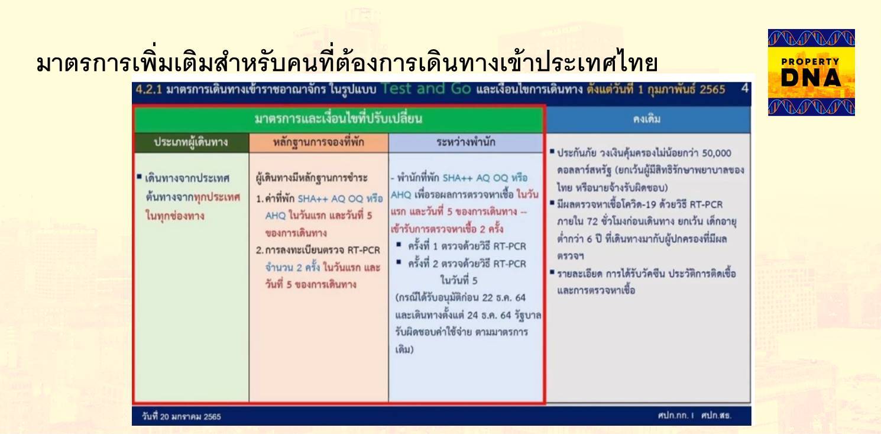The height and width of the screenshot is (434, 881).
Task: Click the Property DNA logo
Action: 811,72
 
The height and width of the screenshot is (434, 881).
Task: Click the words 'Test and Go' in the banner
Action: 426,89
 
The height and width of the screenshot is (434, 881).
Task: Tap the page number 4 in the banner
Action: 745,89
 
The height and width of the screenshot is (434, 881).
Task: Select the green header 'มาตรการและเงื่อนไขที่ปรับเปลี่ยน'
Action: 339,118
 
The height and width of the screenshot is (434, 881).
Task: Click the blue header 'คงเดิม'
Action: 647,119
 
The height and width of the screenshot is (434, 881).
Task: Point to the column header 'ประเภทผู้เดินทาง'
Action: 191,142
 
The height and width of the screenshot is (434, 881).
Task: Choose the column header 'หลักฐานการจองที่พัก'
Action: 319,142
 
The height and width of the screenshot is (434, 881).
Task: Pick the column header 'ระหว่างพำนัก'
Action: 466,142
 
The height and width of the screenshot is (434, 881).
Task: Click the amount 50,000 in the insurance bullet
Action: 717,153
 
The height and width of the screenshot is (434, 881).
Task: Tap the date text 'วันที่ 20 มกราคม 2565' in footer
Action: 182,417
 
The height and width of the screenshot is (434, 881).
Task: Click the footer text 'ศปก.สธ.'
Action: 716,416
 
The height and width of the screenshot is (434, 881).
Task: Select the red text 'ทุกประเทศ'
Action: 217,197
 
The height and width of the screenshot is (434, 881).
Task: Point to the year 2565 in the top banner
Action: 712,90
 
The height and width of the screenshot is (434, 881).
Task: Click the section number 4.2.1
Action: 148,90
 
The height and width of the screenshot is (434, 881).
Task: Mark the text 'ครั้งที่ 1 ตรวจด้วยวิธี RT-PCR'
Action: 467,246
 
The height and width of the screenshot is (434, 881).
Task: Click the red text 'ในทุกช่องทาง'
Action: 175,216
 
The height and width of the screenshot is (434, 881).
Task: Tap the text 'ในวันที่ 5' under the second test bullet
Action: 459,281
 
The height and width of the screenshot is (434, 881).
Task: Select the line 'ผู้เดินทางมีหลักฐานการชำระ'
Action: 312,178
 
